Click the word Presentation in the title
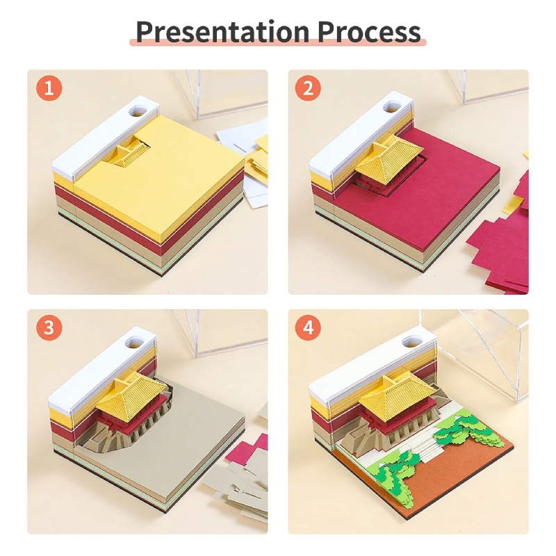point(222,32)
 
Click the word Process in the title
point(369,32)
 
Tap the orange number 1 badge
point(49,88)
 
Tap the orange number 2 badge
point(308,88)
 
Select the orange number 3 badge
point(49,327)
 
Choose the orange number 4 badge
point(308,327)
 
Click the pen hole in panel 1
point(138,111)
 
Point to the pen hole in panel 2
point(392,107)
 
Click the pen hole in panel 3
point(135,342)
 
